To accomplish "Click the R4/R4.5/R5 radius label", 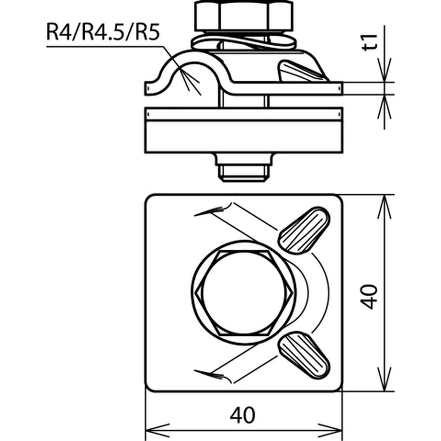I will (x=102, y=34).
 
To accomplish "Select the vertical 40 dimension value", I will (x=369, y=296).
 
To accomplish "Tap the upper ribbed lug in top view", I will (x=304, y=230).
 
